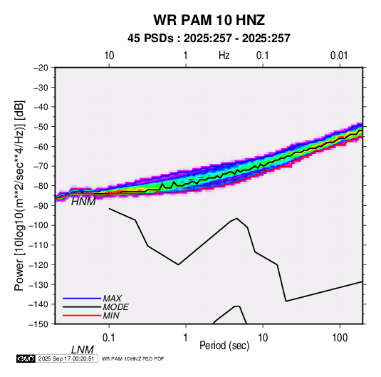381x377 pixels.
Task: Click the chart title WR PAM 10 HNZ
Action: click(x=209, y=20)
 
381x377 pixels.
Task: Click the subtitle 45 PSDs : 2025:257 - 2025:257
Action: click(x=209, y=38)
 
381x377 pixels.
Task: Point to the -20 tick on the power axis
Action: click(x=41, y=68)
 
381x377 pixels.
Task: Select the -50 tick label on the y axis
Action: click(x=41, y=127)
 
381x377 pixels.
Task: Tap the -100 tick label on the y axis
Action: click(x=38, y=225)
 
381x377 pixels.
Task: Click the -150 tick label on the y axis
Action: click(x=38, y=324)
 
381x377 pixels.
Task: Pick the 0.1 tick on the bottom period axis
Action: click(x=109, y=338)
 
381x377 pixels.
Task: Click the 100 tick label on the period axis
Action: click(x=340, y=338)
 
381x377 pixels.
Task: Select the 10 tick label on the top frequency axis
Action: click(x=109, y=56)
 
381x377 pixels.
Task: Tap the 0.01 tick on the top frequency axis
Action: click(x=339, y=56)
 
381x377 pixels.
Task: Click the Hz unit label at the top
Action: click(x=224, y=56)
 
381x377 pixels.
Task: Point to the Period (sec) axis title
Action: click(x=224, y=346)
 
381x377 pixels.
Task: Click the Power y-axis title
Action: click(x=19, y=195)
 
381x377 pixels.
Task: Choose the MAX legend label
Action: click(x=113, y=299)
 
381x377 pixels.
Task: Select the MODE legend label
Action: click(x=115, y=307)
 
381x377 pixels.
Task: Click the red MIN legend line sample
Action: click(x=82, y=316)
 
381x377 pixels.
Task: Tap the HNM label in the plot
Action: click(x=83, y=202)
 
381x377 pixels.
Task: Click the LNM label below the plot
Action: click(x=83, y=350)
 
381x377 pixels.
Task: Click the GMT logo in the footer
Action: click(x=26, y=358)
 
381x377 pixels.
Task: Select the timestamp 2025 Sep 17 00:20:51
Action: click(x=66, y=358)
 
